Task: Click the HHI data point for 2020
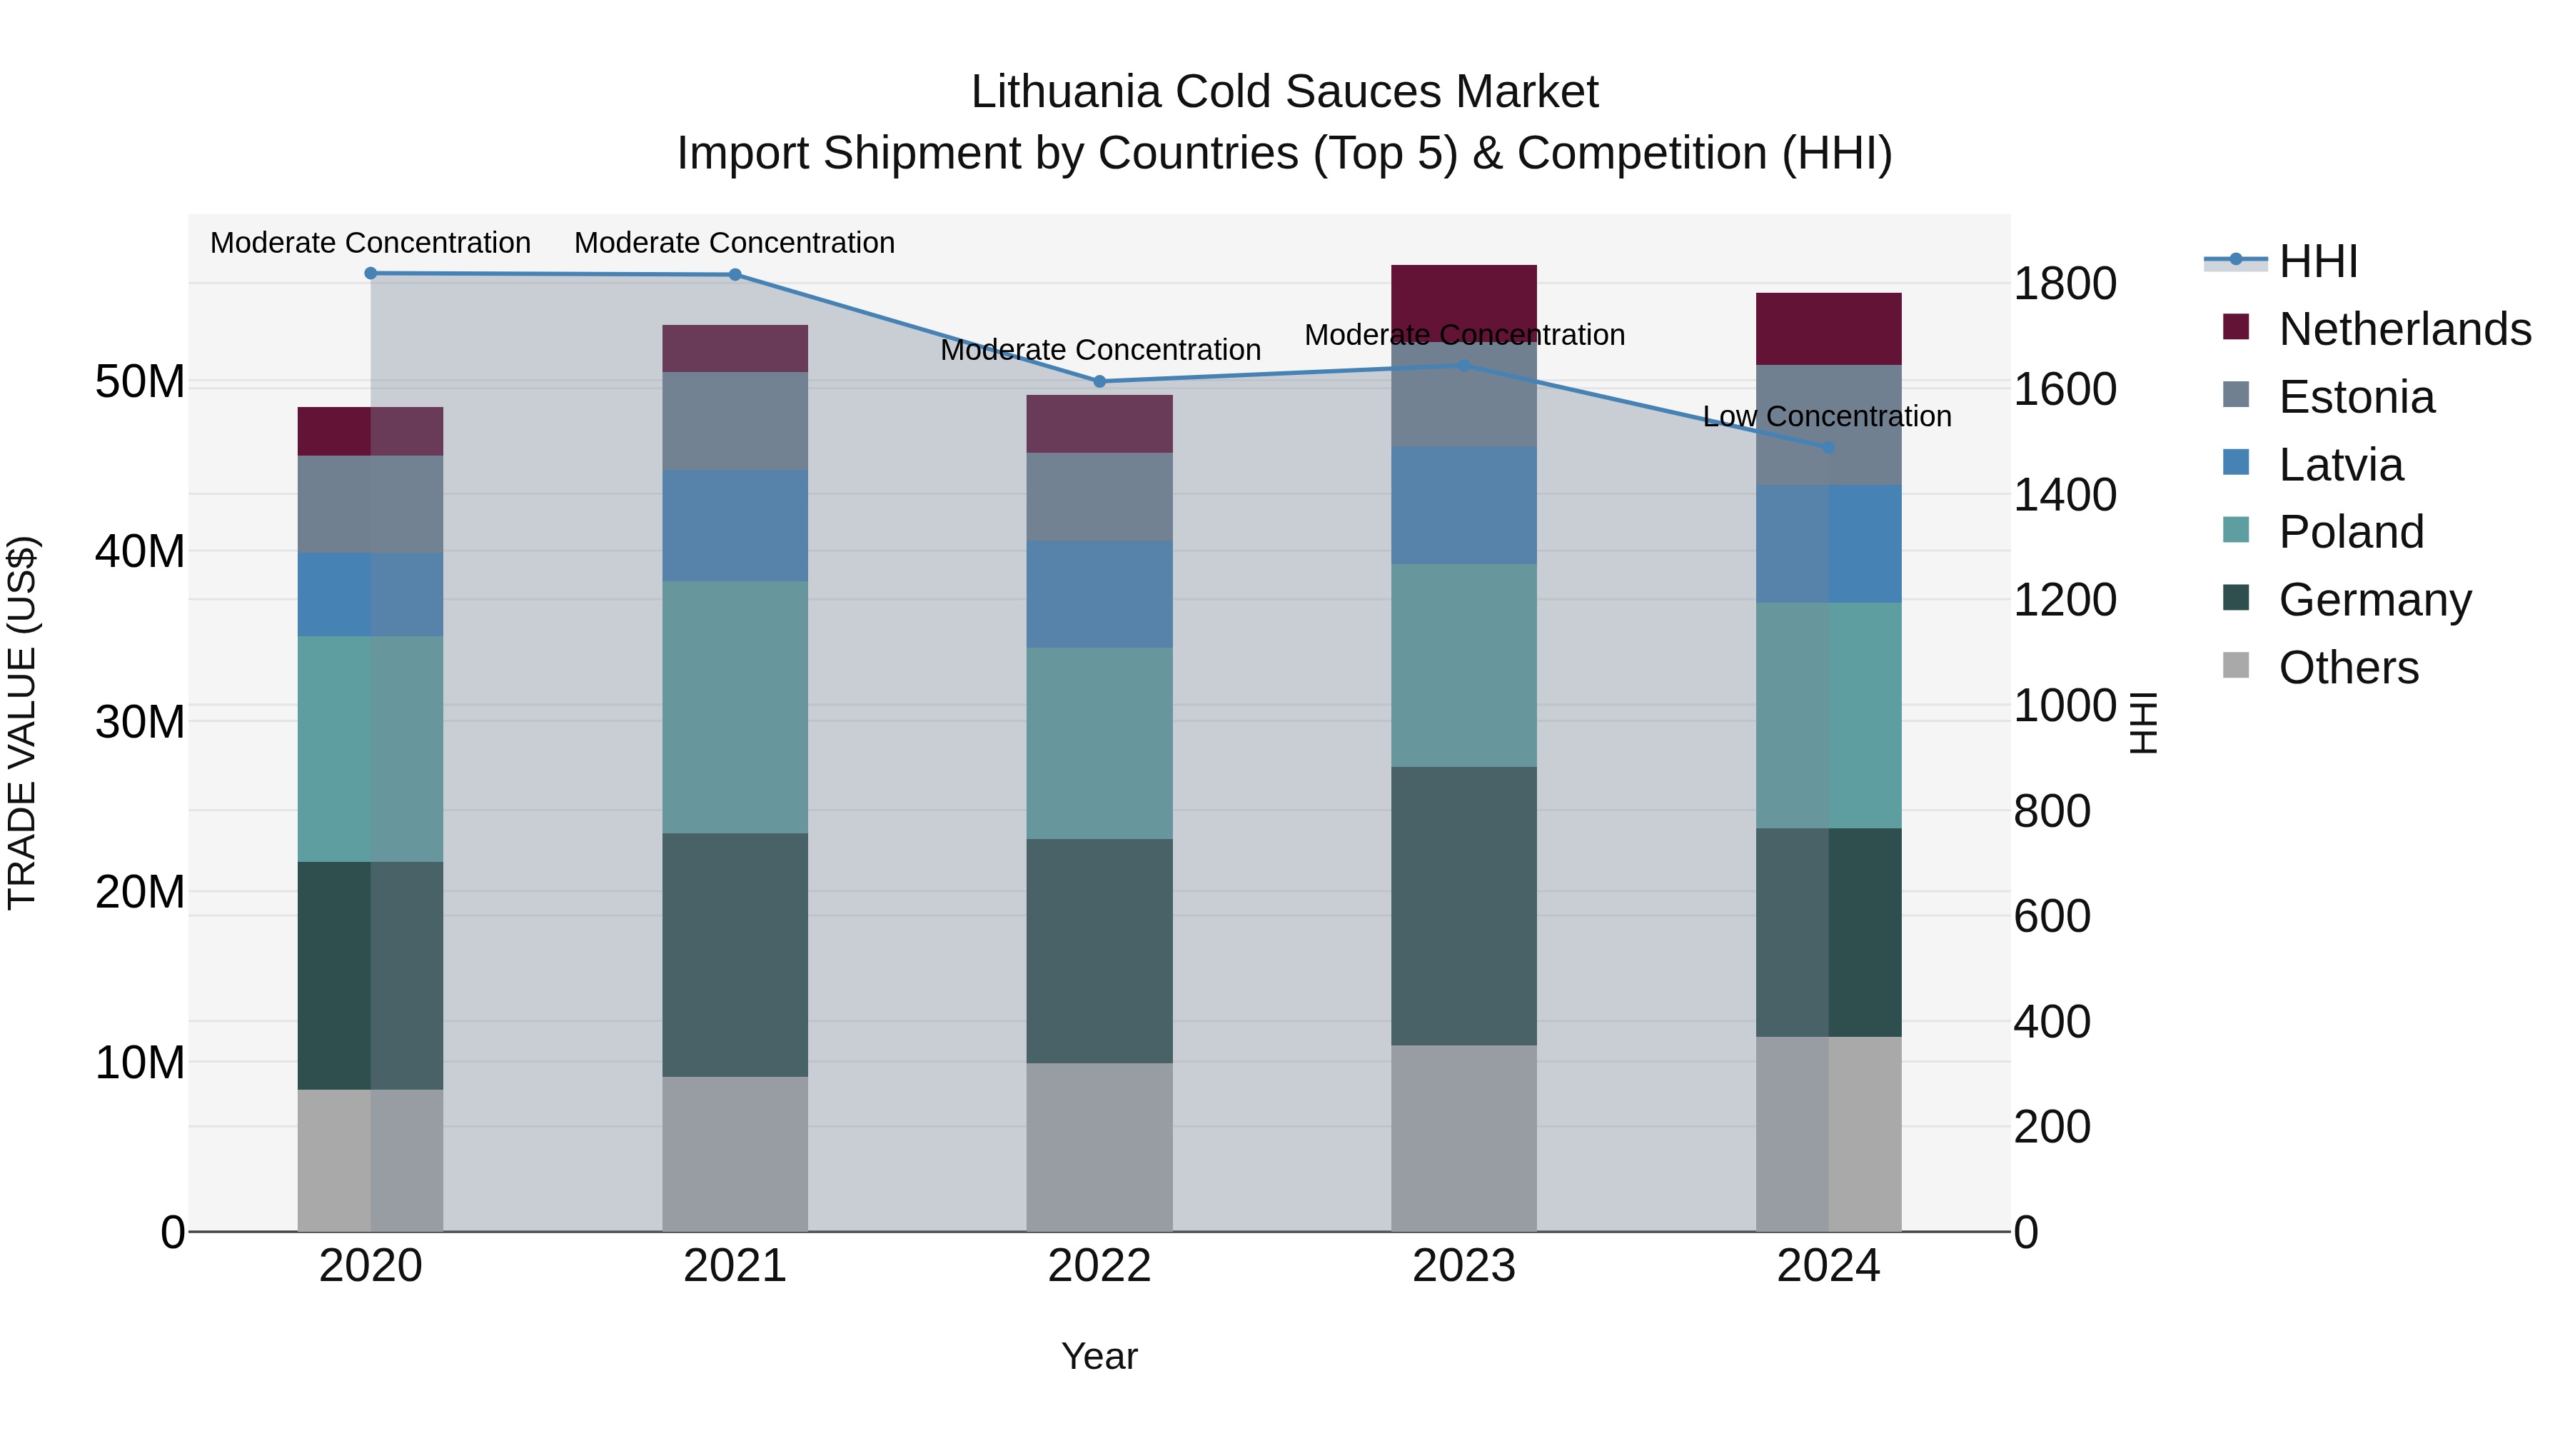[370, 273]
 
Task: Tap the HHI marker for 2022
[1099, 381]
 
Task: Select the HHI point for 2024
[1829, 448]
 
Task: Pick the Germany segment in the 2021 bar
[735, 954]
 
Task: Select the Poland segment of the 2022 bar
[1099, 743]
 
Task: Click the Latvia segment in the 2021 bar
[735, 525]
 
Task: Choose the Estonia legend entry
[2357, 397]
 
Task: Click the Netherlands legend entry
[2404, 329]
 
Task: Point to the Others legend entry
[2349, 668]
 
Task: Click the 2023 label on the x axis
[1463, 1266]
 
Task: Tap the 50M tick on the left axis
[140, 381]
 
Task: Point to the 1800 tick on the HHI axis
[2064, 283]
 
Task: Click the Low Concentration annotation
[1827, 416]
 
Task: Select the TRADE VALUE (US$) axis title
[22, 723]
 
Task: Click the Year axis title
[1099, 1356]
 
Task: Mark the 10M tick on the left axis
[140, 1063]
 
